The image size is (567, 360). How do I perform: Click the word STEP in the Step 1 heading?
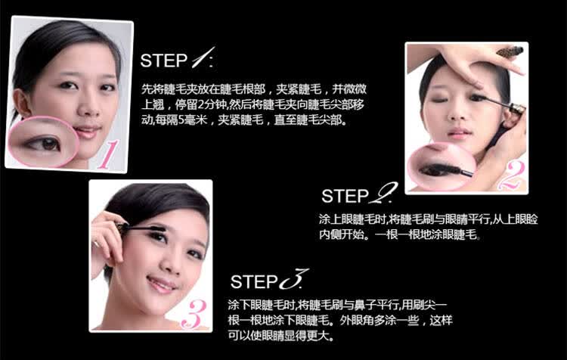164,61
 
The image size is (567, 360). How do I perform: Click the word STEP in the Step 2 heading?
345,196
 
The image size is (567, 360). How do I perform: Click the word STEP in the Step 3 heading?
254,282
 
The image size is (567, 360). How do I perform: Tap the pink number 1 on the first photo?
107,155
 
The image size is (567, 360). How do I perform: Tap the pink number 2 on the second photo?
511,175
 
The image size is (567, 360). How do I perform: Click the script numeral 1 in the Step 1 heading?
203,57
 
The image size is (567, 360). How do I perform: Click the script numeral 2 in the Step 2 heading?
383,193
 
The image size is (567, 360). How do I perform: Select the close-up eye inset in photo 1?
43,141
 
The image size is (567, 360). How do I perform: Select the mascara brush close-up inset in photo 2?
442,167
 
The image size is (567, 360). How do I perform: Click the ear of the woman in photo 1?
21,103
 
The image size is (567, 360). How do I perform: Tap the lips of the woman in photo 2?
458,133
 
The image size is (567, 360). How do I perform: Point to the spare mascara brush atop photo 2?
510,52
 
